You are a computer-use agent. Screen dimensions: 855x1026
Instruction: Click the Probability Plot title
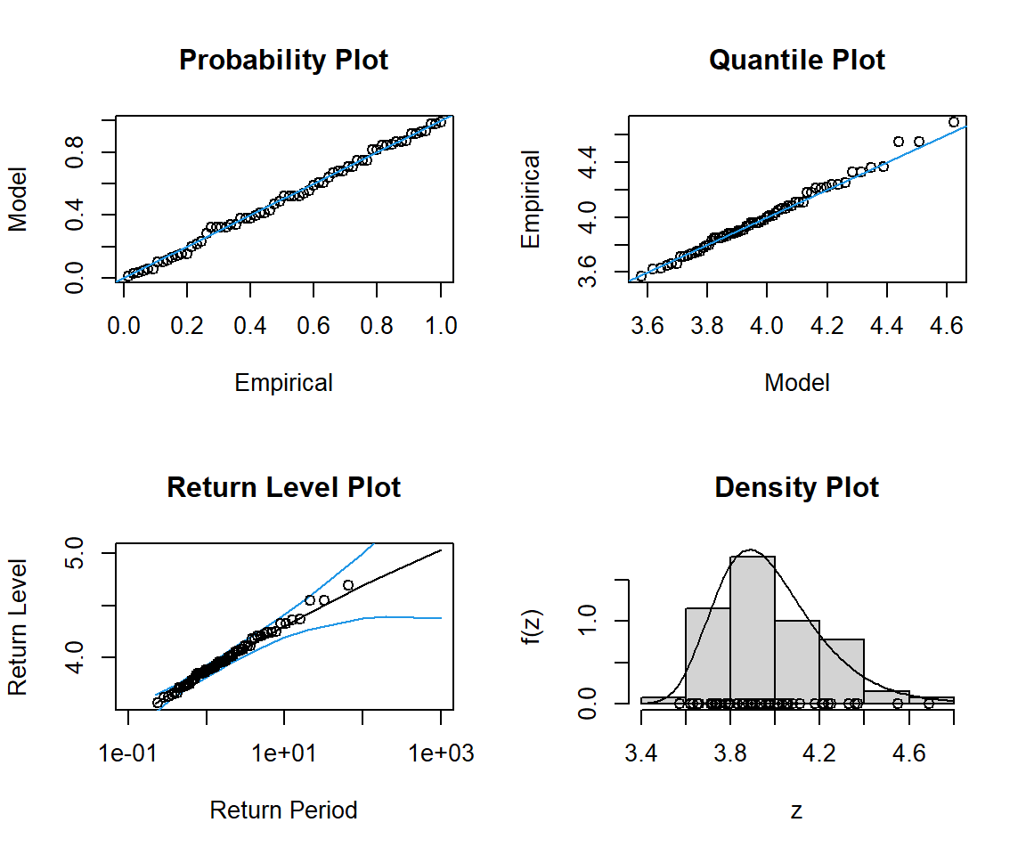283,61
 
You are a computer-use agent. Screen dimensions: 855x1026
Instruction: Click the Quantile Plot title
797,61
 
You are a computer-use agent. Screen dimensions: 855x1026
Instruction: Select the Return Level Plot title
283,488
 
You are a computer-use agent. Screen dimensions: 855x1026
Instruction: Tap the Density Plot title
797,488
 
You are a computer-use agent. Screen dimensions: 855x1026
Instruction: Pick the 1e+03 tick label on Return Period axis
440,753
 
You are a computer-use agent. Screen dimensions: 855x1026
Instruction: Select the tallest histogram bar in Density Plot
753,629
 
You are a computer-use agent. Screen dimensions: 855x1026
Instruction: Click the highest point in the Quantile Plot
954,121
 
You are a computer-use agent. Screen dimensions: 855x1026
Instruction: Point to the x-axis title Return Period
283,810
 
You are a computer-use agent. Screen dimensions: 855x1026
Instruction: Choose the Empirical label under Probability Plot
283,383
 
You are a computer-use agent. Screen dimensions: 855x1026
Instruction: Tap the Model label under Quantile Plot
797,383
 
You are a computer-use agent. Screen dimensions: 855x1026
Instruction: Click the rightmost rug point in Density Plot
929,704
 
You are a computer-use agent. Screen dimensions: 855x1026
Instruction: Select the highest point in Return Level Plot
348,585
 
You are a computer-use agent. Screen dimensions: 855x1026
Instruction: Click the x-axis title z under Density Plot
797,810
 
